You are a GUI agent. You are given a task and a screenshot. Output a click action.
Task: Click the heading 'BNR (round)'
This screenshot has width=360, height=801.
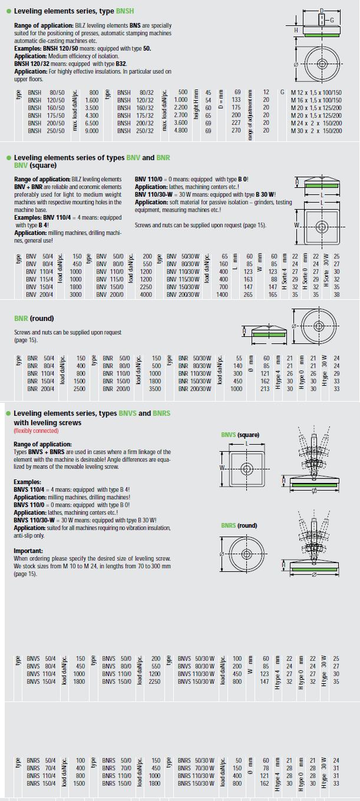pos(34,319)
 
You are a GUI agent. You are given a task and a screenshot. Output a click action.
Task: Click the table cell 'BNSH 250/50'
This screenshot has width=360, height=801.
pos(46,131)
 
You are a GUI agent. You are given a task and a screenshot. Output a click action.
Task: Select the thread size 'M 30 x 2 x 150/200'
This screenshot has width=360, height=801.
pos(316,131)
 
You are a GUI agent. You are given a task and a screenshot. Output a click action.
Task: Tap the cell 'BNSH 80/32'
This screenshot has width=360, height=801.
pos(135,92)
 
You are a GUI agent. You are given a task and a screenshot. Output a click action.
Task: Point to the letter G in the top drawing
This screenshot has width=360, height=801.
pos(332,21)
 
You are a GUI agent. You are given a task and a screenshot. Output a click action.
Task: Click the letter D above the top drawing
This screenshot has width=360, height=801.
pos(321,11)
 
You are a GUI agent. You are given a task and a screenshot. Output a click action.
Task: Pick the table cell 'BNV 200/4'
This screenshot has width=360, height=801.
pos(40,294)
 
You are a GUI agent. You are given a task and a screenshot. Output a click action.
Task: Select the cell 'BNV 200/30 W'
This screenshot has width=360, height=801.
pos(183,294)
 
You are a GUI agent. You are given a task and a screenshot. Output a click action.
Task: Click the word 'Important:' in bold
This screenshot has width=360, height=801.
pos(28,551)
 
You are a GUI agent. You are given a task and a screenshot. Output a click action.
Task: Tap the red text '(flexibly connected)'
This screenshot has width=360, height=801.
pos(36,431)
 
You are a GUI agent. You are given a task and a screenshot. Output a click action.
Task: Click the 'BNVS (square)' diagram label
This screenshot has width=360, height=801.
pos(240,435)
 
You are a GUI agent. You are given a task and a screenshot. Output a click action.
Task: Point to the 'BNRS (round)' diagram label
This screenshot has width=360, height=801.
pos(239,525)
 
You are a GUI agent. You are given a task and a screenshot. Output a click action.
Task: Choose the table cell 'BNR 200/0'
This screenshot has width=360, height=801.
pos(116,389)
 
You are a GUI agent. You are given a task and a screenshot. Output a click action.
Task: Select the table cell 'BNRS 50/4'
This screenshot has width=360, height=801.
pos(41,761)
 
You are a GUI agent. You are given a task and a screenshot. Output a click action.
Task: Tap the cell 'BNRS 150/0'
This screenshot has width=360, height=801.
pos(117,783)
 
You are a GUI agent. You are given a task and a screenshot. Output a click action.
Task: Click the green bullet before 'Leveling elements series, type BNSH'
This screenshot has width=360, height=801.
pos(9,11)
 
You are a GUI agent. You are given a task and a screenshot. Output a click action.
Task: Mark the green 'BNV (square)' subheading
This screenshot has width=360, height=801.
pos(35,166)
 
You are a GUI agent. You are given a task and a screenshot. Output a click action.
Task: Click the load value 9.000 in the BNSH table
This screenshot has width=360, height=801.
pos(91,131)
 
